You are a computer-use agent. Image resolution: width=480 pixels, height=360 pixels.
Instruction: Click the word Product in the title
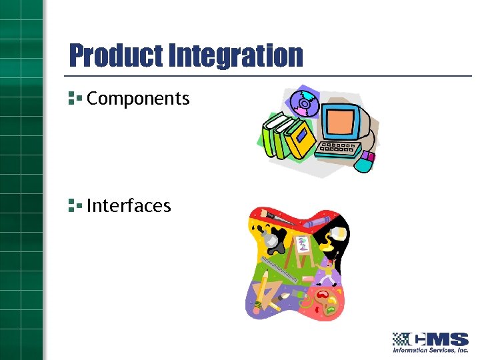pos(110,55)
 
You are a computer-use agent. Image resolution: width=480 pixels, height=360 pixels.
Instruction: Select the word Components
pos(138,99)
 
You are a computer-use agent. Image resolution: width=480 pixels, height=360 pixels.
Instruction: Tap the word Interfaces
pos(129,205)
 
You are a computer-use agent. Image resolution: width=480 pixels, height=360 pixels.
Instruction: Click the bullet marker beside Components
pos(74,99)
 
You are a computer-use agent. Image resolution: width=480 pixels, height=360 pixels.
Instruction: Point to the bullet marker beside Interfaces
pos(74,205)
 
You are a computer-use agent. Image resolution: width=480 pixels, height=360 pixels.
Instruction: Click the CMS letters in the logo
pos(443,338)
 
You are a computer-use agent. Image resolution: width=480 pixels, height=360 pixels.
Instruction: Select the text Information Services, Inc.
pos(431,350)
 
